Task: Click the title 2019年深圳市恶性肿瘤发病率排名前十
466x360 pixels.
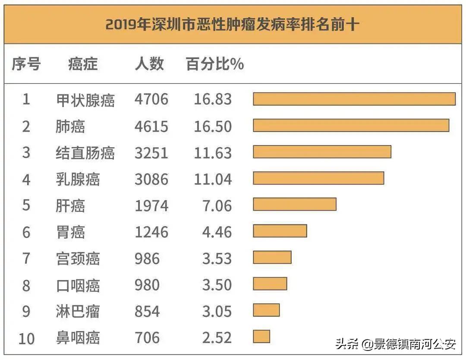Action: (232, 24)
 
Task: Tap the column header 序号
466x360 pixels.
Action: (26, 64)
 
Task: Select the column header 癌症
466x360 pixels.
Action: (83, 64)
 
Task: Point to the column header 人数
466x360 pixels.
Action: (149, 64)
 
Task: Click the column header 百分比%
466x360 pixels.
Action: (215, 64)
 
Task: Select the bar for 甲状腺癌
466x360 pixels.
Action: (354, 99)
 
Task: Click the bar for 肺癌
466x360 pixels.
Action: (351, 125)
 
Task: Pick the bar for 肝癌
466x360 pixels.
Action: (294, 204)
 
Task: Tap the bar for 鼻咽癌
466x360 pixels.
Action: (261, 336)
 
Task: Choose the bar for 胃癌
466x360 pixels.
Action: (280, 231)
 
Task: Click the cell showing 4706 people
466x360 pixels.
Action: (151, 100)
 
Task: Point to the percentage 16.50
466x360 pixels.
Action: (213, 126)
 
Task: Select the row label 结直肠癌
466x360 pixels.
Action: (85, 152)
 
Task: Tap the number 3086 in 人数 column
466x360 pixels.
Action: (151, 179)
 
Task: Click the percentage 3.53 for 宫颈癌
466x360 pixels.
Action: (217, 258)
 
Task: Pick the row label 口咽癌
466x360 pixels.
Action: (78, 285)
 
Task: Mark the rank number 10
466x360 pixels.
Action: (26, 338)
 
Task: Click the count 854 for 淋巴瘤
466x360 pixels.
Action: (147, 311)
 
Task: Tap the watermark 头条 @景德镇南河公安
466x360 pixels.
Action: (395, 344)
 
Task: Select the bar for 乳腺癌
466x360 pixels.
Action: (318, 178)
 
